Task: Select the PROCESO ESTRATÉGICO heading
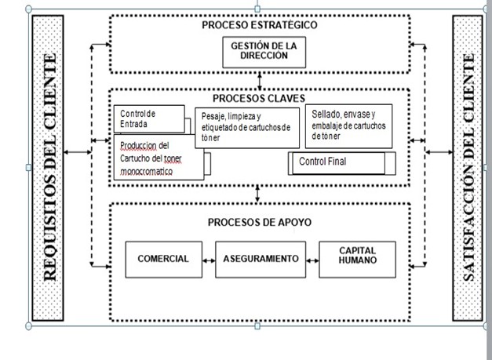coord(259,24)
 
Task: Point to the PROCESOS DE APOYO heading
coord(259,222)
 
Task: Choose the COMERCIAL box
coord(163,259)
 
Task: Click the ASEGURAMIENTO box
coord(260,259)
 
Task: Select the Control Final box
coord(337,162)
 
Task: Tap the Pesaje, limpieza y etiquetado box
coord(246,127)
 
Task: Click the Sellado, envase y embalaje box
coord(347,124)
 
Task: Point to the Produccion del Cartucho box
coord(158,157)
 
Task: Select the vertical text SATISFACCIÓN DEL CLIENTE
coord(468,167)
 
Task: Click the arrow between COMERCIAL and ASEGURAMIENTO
coord(209,259)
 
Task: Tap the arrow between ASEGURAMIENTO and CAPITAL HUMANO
coord(310,259)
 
